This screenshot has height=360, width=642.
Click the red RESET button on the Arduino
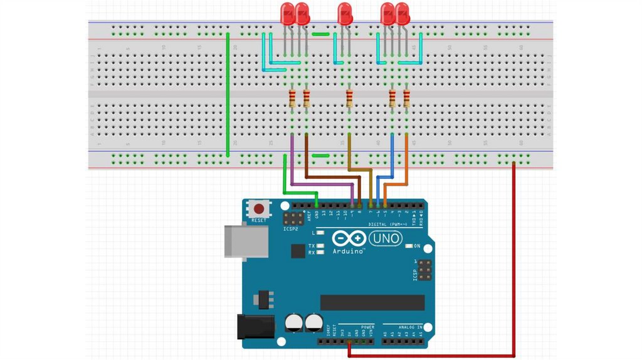[x=258, y=208]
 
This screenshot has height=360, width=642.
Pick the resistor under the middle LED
[x=349, y=98]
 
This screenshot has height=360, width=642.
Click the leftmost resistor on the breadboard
[x=292, y=98]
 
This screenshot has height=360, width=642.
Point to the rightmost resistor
[x=407, y=98]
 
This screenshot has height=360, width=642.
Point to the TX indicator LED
[x=320, y=246]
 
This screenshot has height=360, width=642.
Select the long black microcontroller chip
[x=372, y=302]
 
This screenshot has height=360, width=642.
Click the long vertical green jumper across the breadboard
[x=227, y=94]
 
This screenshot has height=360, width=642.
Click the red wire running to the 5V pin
[x=514, y=263]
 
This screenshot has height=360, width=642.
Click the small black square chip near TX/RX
[x=298, y=251]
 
